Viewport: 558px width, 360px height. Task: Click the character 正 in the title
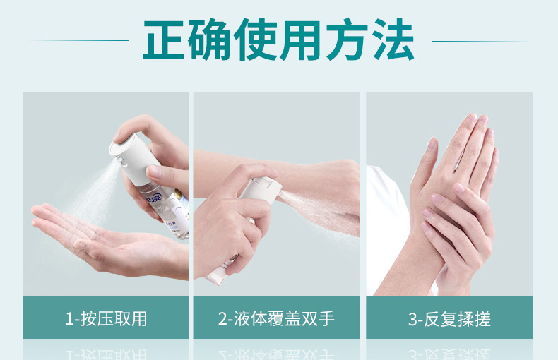[x=164, y=40]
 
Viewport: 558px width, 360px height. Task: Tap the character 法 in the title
[x=393, y=40]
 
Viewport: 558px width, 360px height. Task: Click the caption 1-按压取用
[x=106, y=318]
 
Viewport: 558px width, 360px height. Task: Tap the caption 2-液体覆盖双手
[x=276, y=318]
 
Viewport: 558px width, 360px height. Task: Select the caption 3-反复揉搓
[x=449, y=319]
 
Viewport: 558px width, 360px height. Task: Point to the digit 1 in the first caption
[x=69, y=319]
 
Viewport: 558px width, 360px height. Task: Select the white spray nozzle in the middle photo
[x=262, y=188]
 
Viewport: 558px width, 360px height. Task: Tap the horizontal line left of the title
[x=80, y=40]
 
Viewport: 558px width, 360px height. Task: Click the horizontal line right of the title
[x=481, y=41]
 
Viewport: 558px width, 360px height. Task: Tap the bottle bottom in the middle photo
[x=215, y=280]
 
